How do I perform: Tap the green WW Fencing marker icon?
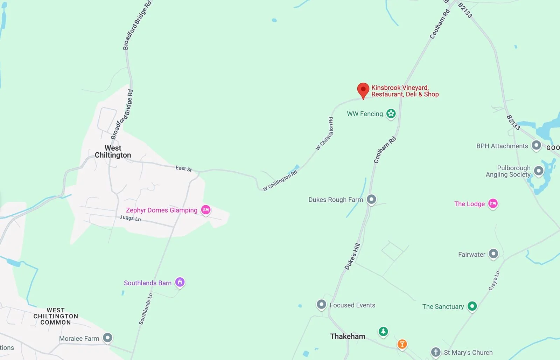click(x=391, y=113)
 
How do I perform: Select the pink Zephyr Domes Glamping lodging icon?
click(x=206, y=210)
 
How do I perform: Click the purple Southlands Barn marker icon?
click(x=180, y=282)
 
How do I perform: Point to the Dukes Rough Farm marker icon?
click(x=371, y=199)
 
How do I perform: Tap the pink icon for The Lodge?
click(x=493, y=203)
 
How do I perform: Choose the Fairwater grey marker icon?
click(x=493, y=254)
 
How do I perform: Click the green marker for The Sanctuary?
click(x=472, y=306)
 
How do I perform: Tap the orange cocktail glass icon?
click(x=402, y=344)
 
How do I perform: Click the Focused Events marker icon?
click(x=321, y=304)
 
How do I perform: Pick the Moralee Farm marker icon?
click(x=107, y=338)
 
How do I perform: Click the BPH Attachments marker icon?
click(x=536, y=145)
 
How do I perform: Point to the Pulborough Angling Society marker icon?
click(x=539, y=171)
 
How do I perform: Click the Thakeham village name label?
click(x=348, y=336)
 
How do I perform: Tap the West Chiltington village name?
click(x=113, y=152)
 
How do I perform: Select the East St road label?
click(x=183, y=168)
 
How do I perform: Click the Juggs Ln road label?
click(x=130, y=218)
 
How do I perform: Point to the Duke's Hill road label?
click(x=352, y=256)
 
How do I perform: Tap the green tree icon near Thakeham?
click(x=383, y=331)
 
